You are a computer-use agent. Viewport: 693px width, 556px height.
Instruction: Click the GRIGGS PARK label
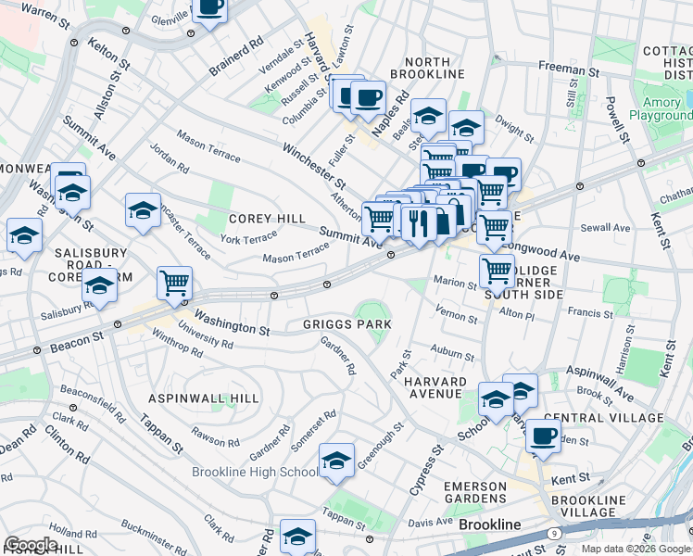[346, 325]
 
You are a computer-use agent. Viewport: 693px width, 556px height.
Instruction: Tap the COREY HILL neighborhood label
[267, 219]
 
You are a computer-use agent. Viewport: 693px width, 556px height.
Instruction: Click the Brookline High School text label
[255, 473]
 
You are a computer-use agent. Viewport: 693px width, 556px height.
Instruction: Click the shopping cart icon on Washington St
[174, 283]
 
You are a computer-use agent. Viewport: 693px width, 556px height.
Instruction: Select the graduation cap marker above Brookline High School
[336, 459]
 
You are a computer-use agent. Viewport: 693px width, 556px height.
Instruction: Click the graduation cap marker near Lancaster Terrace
[143, 210]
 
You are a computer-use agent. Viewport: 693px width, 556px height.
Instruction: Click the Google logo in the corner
[31, 545]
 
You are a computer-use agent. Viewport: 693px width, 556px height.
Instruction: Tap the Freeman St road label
[568, 69]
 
